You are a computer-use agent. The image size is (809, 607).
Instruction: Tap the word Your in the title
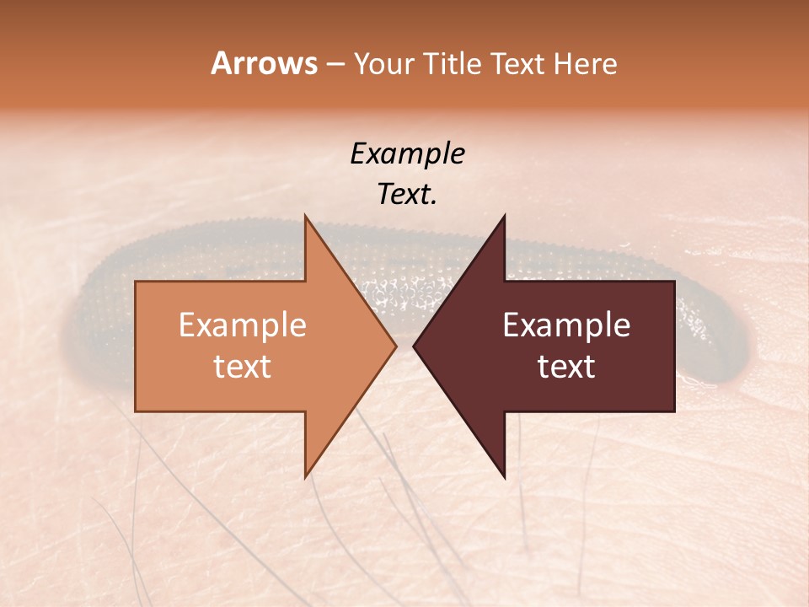coord(384,64)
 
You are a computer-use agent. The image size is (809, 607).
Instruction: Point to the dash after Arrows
coord(335,65)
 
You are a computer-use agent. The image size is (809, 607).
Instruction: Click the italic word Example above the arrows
coord(407,153)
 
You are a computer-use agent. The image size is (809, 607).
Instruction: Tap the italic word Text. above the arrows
coord(407,194)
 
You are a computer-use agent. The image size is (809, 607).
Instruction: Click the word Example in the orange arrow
coord(242,325)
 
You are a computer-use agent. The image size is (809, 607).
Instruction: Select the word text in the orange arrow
coord(242,367)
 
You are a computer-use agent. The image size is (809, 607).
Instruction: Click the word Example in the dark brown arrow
coord(566,325)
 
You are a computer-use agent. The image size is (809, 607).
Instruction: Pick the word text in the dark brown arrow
coord(566,367)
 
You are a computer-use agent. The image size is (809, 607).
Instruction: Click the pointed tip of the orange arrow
coord(394,346)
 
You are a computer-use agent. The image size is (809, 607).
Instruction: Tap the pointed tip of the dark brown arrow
coord(415,346)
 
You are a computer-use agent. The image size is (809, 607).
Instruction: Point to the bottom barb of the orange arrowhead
coord(306,474)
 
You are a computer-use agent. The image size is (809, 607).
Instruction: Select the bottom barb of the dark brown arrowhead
coord(504,474)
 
